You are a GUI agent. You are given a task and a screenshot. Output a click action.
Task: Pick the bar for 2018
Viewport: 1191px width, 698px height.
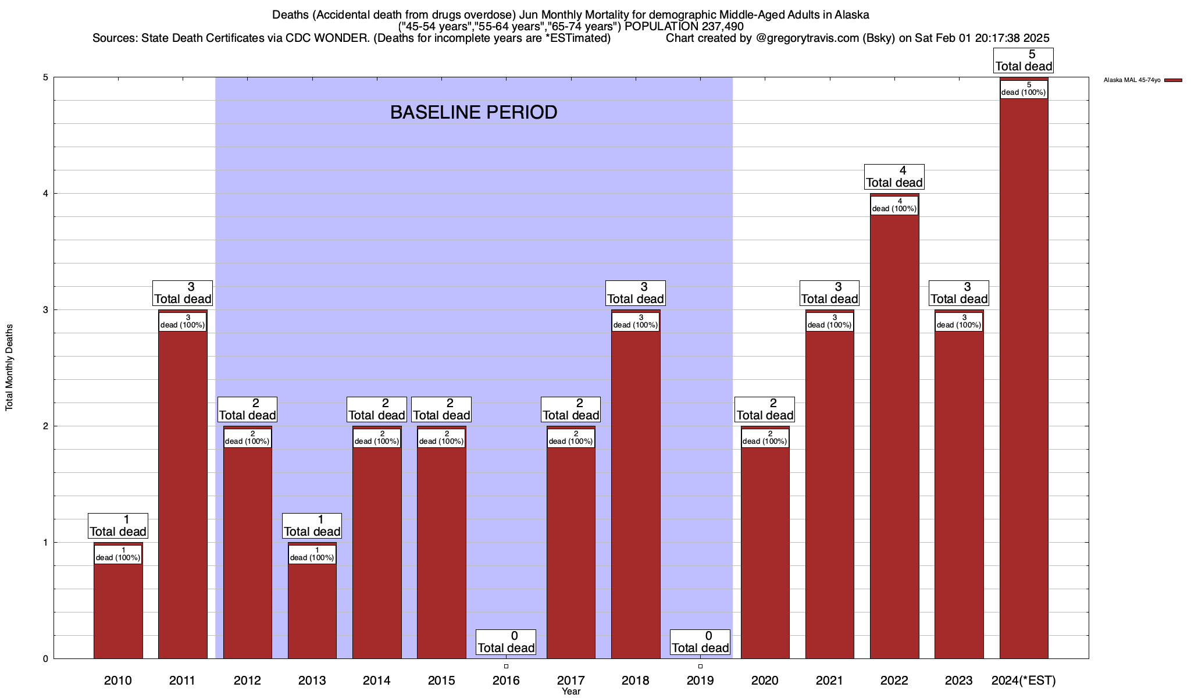point(636,494)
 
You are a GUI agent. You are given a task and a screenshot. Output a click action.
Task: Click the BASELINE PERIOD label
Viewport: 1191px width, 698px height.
point(473,112)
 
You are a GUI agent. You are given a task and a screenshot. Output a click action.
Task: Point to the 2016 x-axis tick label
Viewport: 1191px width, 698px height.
point(506,681)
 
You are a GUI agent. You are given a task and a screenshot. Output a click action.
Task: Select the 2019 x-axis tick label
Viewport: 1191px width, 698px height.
point(700,681)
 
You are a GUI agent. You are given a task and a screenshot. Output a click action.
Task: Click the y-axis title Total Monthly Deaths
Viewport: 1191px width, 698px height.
point(9,368)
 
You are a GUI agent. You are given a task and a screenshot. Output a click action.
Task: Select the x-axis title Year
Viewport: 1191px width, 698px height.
point(571,692)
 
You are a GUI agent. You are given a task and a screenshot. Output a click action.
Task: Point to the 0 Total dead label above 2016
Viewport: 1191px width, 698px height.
point(506,642)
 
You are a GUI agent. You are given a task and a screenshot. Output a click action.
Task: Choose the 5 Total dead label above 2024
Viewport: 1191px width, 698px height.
point(1024,60)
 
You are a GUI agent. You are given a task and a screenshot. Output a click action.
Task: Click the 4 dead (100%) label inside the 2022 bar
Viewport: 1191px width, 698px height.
point(894,205)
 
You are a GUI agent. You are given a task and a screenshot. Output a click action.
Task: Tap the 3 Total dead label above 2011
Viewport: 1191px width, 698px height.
point(183,293)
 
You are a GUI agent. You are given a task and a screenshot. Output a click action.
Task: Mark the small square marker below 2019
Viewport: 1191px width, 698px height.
point(700,666)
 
